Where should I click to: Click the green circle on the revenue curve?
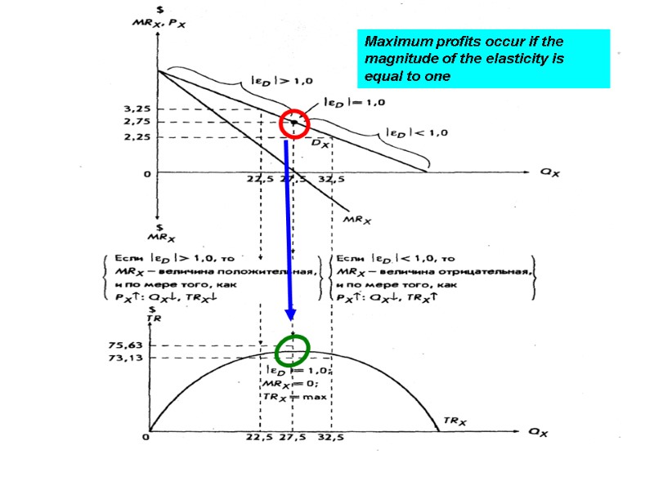pos(292,350)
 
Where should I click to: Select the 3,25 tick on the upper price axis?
pos(137,108)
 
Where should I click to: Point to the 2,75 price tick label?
pos(137,122)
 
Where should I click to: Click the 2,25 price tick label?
pos(137,137)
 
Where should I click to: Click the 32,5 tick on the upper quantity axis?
pos(329,179)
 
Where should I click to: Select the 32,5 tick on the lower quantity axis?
pos(329,439)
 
